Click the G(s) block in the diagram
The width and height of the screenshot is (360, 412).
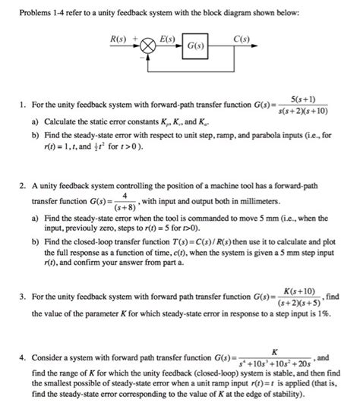tap(194, 46)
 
